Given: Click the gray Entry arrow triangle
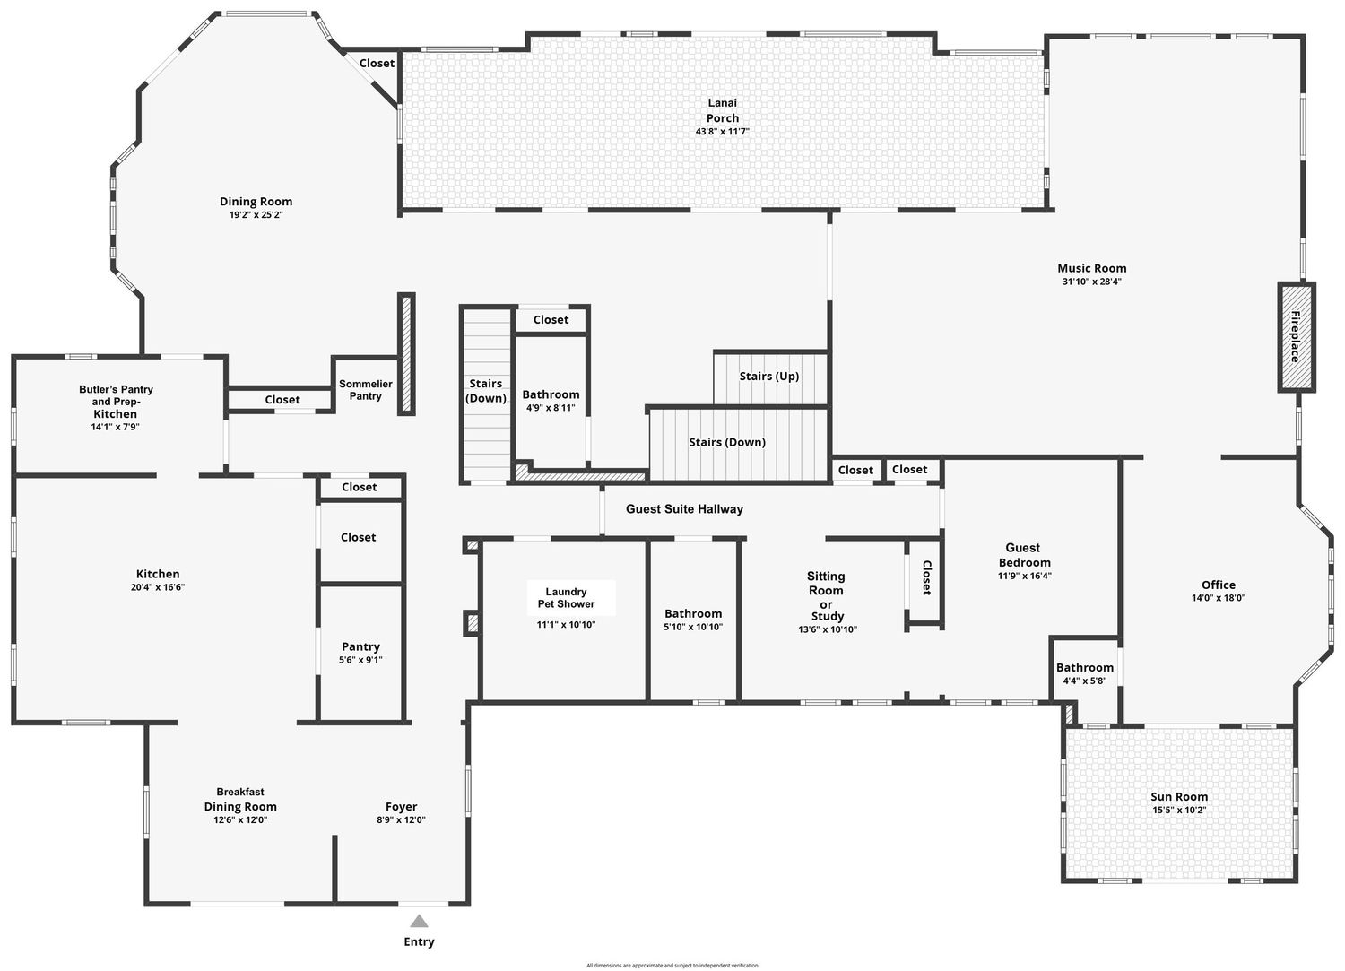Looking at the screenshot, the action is tap(419, 921).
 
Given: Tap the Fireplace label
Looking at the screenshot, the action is tap(1296, 336).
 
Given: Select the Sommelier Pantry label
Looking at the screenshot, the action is tap(366, 390).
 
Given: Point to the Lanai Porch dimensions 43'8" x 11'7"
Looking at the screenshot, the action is tap(723, 132).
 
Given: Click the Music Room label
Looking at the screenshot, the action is tap(1091, 268).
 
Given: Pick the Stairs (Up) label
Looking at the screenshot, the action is tap(769, 376).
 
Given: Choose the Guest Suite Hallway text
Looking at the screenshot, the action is tap(684, 509).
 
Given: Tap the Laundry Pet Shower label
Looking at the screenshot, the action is tap(566, 598).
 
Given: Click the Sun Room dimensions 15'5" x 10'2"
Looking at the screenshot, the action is tap(1179, 811).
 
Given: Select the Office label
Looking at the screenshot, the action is tap(1219, 585).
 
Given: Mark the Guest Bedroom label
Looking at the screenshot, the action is tap(1024, 555).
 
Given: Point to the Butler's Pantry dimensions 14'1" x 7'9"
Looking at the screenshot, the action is tap(116, 427).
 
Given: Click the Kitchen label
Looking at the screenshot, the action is tap(158, 574).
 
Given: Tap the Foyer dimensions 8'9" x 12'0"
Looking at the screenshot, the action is tap(401, 819).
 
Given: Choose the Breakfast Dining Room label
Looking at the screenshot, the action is tap(240, 799).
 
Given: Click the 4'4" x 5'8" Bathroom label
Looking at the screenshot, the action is tap(1085, 668).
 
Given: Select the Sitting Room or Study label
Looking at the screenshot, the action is tap(826, 596).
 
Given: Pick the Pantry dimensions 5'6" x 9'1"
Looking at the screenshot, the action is tap(360, 660).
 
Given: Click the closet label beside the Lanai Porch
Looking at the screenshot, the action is tap(377, 63).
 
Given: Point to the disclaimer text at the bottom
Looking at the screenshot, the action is tap(672, 966).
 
